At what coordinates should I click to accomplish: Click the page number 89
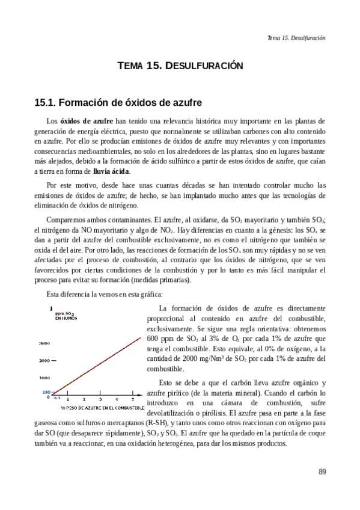[322, 471]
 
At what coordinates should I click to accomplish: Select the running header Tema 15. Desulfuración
[296, 37]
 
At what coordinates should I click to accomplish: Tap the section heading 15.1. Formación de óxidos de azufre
[117, 102]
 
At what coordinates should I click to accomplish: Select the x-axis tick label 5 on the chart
[132, 399]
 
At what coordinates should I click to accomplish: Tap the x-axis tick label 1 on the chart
[67, 399]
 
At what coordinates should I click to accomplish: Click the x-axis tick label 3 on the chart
[100, 399]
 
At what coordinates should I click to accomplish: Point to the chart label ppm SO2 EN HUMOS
[65, 316]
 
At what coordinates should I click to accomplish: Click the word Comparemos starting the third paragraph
[66, 220]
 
